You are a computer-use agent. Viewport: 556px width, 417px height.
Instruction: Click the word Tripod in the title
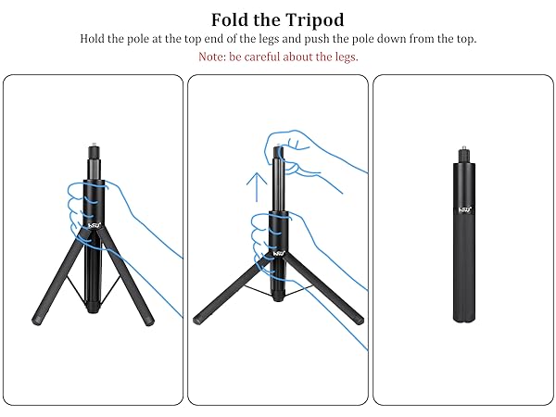pos(311,19)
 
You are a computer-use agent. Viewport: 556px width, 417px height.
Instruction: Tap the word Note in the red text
pos(213,57)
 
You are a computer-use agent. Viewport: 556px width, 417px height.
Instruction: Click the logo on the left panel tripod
pos(94,221)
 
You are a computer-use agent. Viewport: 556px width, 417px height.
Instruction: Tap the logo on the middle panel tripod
pos(277,247)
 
